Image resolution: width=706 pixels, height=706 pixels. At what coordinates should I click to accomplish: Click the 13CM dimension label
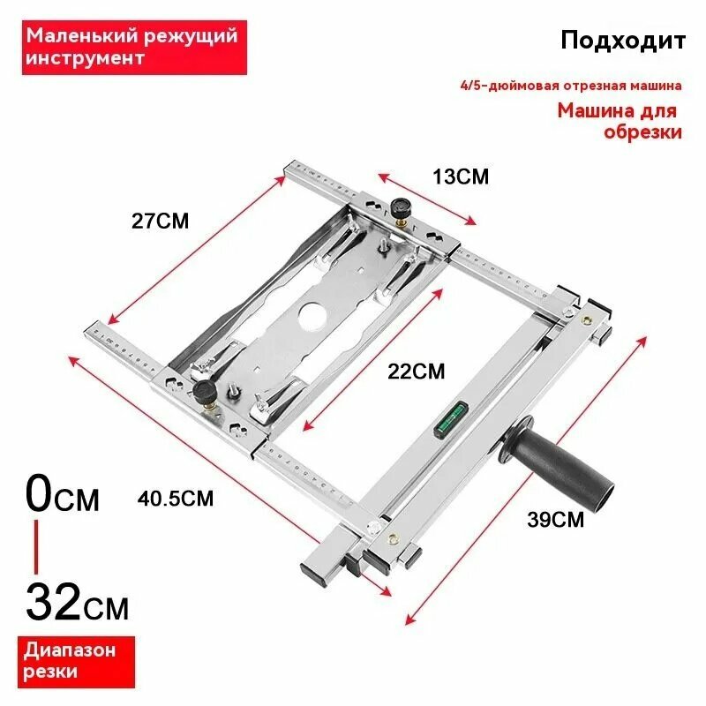point(460,176)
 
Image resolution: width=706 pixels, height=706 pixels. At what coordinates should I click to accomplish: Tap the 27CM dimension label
point(160,221)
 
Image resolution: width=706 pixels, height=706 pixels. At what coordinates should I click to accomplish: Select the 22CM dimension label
point(417,371)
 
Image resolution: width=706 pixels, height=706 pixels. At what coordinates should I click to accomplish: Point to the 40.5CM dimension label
point(176,498)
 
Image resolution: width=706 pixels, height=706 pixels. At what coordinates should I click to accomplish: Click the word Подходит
point(622,41)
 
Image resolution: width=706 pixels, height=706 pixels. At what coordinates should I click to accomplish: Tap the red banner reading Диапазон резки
point(69,661)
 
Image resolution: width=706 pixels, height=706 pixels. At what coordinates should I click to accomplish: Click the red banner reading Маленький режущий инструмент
point(131,48)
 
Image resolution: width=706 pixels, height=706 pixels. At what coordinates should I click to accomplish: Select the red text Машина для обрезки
point(621,122)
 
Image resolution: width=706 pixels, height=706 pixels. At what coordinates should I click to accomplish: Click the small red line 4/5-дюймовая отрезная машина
point(571,86)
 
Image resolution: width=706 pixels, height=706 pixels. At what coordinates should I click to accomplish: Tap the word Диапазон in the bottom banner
point(70,651)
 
